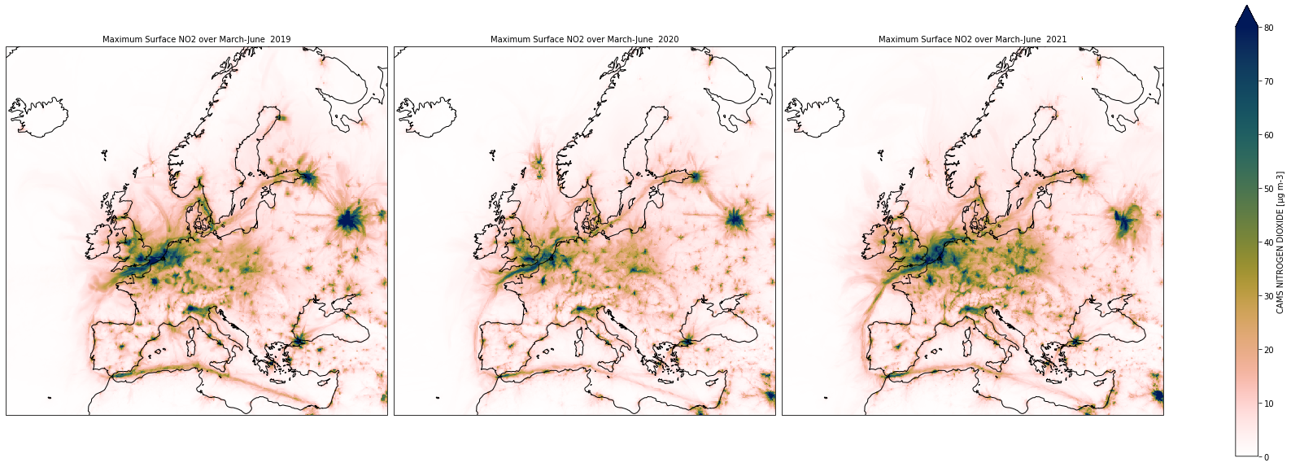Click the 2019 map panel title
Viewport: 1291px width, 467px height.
click(197, 39)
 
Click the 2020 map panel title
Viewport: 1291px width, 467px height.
click(585, 39)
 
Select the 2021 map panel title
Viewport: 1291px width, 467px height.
click(973, 39)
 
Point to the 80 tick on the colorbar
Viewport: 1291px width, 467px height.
click(1268, 28)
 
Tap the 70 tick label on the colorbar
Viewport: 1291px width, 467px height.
click(1268, 81)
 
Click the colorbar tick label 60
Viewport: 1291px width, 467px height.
click(1268, 135)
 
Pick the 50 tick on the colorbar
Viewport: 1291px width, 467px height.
click(1268, 189)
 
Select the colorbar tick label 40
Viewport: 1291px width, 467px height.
click(1268, 242)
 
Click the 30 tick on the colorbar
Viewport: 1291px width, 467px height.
click(1268, 296)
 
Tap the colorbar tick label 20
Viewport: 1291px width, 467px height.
click(1268, 350)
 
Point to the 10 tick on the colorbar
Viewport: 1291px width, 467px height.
click(1268, 404)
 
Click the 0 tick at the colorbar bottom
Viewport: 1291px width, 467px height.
click(1266, 457)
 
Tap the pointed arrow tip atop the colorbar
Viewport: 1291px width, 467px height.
click(1248, 6)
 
